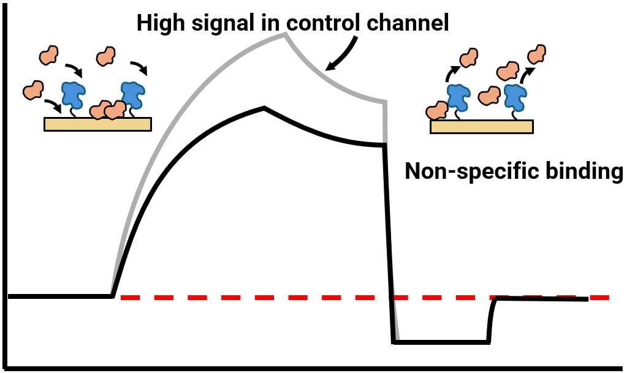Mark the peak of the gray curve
[x=285, y=34]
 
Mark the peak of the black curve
[x=264, y=108]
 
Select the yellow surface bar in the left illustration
[x=97, y=124]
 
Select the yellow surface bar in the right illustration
[x=482, y=127]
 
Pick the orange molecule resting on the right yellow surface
[x=437, y=111]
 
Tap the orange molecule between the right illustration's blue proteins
[x=489, y=96]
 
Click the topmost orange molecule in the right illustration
[x=537, y=54]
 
